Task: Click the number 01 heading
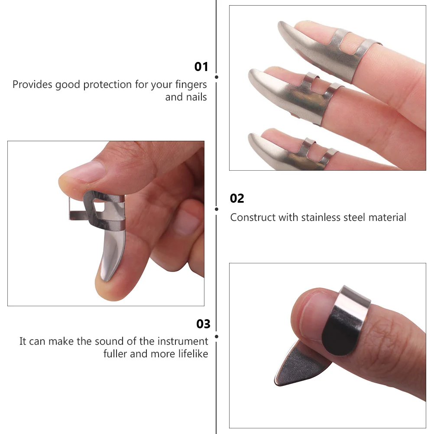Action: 201,67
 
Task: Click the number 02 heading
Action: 237,198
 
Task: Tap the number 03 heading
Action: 203,324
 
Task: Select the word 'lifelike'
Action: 193,354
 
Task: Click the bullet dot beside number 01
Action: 217,77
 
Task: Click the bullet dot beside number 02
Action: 217,209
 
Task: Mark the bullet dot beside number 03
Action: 217,336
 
